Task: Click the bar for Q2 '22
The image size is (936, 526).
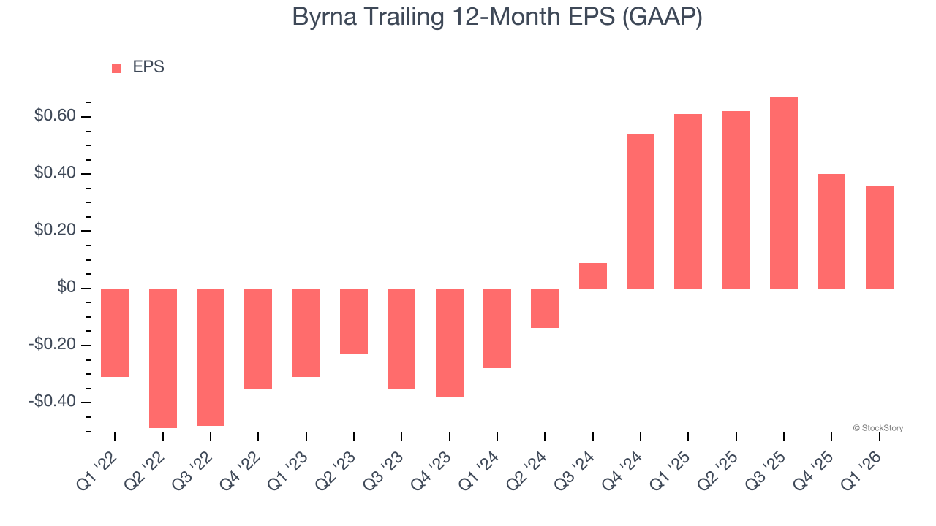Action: point(163,358)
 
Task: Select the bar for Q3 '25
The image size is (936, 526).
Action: point(784,193)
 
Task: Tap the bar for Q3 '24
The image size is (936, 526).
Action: point(593,275)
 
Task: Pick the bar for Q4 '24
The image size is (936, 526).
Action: point(641,211)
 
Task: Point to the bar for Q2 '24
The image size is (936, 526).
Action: point(545,308)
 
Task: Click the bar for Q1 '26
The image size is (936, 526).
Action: point(880,237)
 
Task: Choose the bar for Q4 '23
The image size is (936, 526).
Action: point(450,343)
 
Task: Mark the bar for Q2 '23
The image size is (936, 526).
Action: point(354,321)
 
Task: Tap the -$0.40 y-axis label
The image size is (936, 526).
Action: point(51,403)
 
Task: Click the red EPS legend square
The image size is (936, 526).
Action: point(116,69)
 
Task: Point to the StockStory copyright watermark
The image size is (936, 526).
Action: point(878,428)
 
